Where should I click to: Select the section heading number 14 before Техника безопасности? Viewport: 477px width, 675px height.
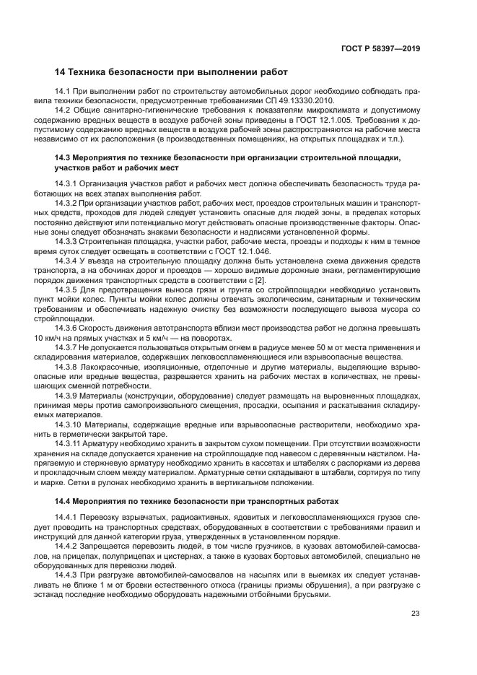[61, 72]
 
